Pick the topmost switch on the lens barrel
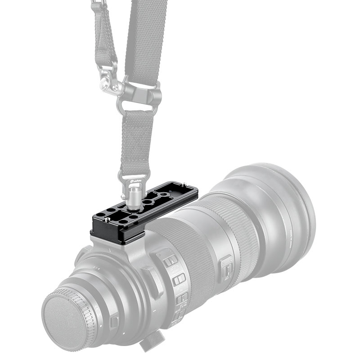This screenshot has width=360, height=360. point(169,261)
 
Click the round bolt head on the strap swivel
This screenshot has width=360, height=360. point(104,84)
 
